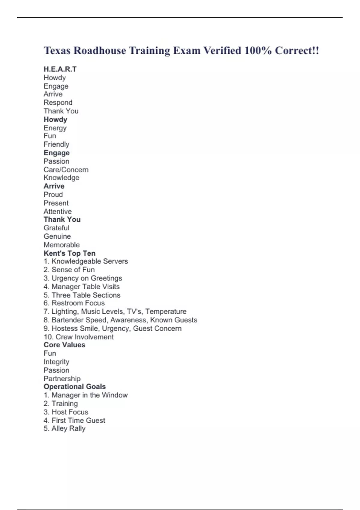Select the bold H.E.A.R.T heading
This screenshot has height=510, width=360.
(x=60, y=69)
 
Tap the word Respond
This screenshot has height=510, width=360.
(x=58, y=103)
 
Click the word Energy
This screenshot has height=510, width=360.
(x=55, y=128)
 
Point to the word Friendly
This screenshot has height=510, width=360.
(x=56, y=144)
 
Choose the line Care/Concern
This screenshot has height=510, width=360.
(x=66, y=169)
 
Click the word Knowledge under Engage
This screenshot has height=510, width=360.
(x=61, y=178)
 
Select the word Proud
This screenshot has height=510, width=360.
(x=53, y=194)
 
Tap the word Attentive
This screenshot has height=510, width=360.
(x=58, y=211)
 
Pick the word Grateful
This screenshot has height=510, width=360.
(x=56, y=228)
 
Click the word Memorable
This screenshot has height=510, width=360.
(x=61, y=245)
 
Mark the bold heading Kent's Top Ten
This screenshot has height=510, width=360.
(x=70, y=253)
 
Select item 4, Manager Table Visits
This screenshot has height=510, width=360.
(x=82, y=286)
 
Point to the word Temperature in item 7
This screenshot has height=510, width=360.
(x=166, y=311)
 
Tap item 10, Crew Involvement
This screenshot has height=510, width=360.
(x=79, y=337)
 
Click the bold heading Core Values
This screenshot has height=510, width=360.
(x=64, y=345)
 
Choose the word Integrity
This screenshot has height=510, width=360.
(x=56, y=362)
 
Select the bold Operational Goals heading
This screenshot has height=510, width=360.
(x=75, y=387)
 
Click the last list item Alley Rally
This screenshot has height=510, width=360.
(x=65, y=428)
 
